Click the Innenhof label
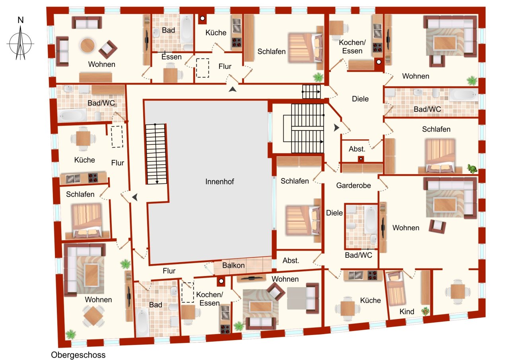(220, 182)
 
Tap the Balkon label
(233, 265)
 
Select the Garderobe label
(353, 185)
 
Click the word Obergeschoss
(78, 355)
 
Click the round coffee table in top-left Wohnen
(88, 45)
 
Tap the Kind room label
(407, 311)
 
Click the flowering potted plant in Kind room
(425, 311)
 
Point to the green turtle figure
(472, 169)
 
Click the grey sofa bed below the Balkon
(302, 298)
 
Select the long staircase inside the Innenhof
(156, 154)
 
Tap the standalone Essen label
(171, 57)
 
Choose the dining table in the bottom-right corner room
(457, 292)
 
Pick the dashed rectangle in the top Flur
(202, 68)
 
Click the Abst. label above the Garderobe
(357, 149)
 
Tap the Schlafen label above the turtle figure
(436, 129)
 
